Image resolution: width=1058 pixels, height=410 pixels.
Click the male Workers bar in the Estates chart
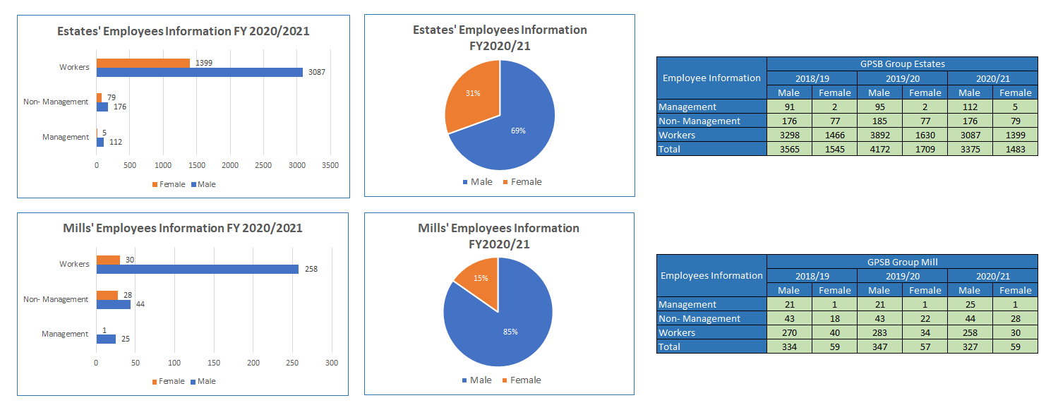point(199,72)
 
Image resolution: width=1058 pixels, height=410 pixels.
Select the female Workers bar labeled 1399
point(143,63)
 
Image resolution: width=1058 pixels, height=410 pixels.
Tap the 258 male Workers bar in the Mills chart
point(197,269)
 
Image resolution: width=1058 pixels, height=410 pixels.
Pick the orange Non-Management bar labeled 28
point(107,295)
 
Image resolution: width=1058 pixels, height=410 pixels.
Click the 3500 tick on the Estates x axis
point(330,165)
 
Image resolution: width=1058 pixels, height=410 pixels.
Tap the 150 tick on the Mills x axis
point(214,363)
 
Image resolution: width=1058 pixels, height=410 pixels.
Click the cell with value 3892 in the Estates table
point(879,135)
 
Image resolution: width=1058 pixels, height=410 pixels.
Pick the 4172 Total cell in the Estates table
point(879,149)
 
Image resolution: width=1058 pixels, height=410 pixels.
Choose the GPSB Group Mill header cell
point(902,262)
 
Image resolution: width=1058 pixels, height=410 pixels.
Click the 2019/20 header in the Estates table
point(902,78)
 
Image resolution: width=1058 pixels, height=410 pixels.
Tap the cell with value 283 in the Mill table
point(879,332)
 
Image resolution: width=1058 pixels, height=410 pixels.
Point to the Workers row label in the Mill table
point(677,332)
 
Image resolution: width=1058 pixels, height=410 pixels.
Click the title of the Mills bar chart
point(183,228)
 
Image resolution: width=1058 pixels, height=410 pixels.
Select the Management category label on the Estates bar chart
point(66,137)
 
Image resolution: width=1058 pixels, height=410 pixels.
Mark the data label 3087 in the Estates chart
point(315,72)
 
